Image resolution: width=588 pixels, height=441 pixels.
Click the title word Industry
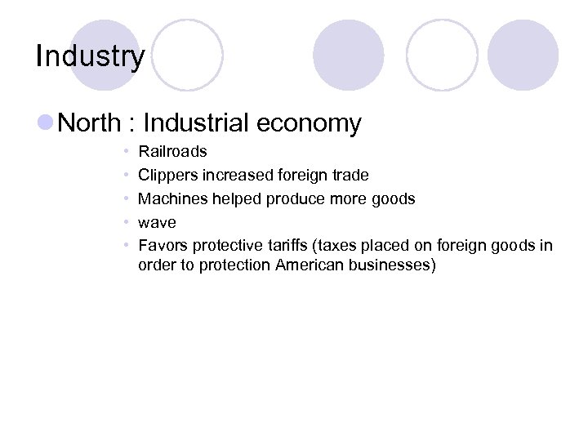click(x=90, y=56)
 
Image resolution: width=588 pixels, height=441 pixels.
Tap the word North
click(x=90, y=123)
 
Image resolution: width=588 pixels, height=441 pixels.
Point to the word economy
click(x=309, y=123)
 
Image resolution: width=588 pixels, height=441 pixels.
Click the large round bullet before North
click(x=46, y=123)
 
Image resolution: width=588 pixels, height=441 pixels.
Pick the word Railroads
click(x=172, y=152)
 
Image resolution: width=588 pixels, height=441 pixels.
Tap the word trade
click(x=350, y=176)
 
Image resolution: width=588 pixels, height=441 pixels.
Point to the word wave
click(x=157, y=223)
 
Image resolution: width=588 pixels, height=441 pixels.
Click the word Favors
click(x=163, y=246)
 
